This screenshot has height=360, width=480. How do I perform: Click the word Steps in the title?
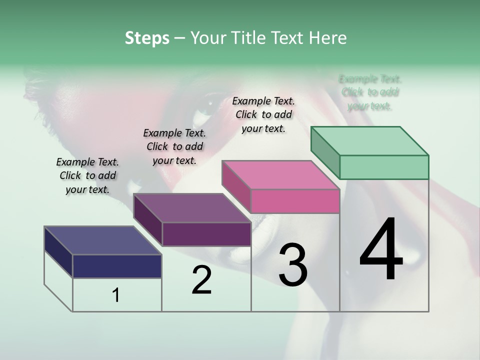pyautogui.click(x=147, y=38)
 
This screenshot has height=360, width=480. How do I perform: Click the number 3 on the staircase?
pyautogui.click(x=292, y=265)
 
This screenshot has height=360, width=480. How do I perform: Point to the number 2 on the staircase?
pyautogui.click(x=201, y=280)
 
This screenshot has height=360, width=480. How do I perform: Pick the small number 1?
pyautogui.click(x=116, y=295)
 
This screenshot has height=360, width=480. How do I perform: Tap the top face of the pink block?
pyautogui.click(x=281, y=175)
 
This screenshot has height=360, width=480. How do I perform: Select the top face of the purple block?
pyautogui.click(x=192, y=207)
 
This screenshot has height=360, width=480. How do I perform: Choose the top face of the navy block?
pyautogui.click(x=103, y=240)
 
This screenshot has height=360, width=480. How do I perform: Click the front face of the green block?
pyautogui.click(x=384, y=167)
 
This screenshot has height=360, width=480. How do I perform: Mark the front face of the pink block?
pyautogui.click(x=295, y=201)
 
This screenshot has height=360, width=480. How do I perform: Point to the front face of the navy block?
pyautogui.click(x=117, y=266)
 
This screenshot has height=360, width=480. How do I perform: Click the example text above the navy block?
pyautogui.click(x=87, y=175)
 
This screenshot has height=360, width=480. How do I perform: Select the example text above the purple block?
pyautogui.click(x=174, y=146)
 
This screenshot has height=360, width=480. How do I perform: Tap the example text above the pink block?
pyautogui.click(x=263, y=114)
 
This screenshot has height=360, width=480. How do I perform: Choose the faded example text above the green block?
pyautogui.click(x=370, y=92)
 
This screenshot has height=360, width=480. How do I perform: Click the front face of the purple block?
pyautogui.click(x=206, y=234)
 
